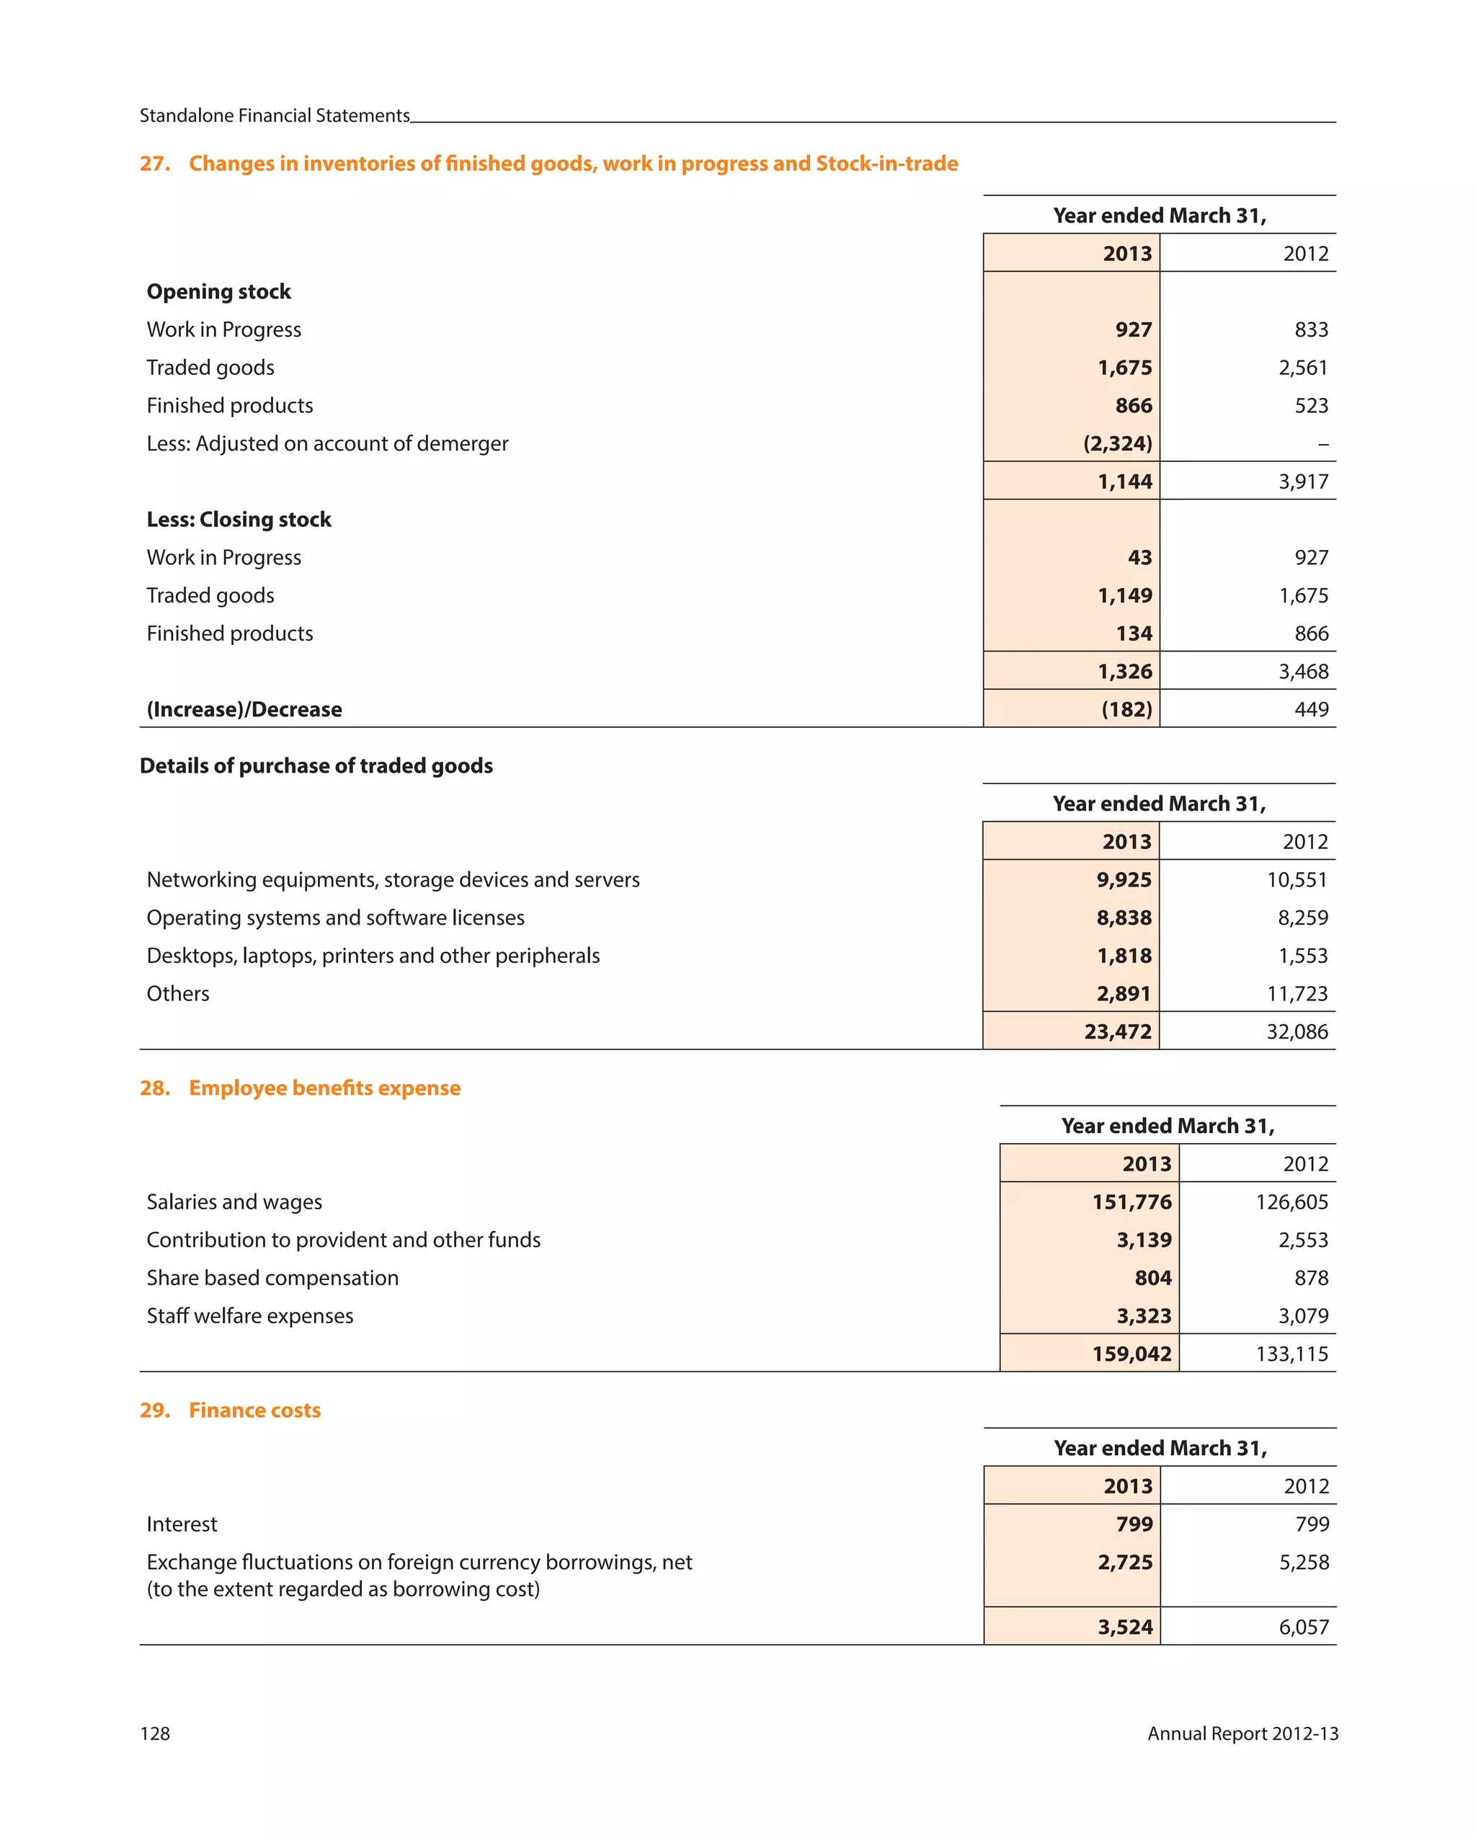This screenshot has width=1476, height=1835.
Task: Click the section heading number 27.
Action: tap(154, 164)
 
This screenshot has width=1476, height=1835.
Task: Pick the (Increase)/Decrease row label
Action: tap(244, 709)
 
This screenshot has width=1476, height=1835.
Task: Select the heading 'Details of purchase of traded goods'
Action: tap(316, 765)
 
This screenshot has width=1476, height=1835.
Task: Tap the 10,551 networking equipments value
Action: tap(1296, 879)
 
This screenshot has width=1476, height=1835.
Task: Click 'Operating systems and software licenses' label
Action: tap(334, 917)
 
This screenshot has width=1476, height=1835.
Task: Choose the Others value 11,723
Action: tap(1296, 993)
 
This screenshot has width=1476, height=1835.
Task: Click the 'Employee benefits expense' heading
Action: tap(324, 1088)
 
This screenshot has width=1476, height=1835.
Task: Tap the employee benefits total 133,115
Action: tap(1291, 1354)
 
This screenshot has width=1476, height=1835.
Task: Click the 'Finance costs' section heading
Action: tap(254, 1410)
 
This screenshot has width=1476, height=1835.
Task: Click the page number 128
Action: tap(155, 1733)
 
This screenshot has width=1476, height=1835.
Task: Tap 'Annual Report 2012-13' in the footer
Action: tap(1241, 1733)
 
